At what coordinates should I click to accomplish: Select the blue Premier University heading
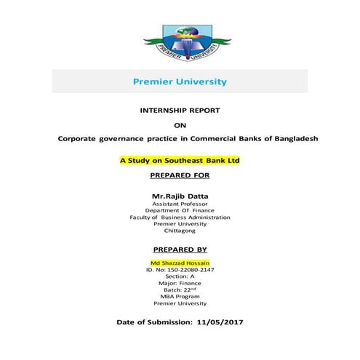click(x=180, y=81)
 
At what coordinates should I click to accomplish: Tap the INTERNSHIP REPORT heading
click(x=180, y=111)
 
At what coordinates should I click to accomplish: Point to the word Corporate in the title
click(x=81, y=137)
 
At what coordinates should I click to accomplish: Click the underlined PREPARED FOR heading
click(x=180, y=176)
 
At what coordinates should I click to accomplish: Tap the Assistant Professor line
click(x=180, y=204)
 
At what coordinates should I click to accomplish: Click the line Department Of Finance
click(x=180, y=211)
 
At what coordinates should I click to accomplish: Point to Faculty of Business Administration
click(x=180, y=217)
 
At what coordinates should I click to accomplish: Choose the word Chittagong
click(x=180, y=231)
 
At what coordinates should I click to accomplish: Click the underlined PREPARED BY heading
click(x=180, y=249)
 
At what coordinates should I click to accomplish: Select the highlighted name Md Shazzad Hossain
click(x=180, y=263)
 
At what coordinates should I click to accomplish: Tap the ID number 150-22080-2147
click(x=180, y=270)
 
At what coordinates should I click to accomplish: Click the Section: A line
click(x=180, y=276)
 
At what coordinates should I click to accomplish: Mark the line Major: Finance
click(x=180, y=283)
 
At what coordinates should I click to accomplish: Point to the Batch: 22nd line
click(x=180, y=289)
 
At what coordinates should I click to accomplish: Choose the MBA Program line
click(x=180, y=297)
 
